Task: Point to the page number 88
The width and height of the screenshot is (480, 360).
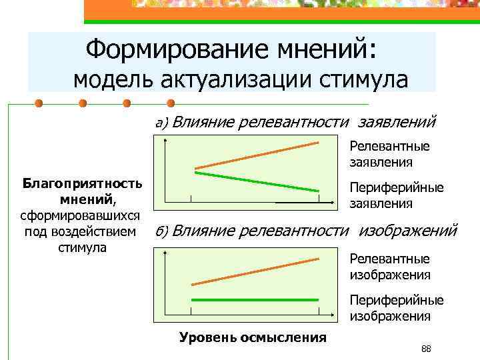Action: pos(427,349)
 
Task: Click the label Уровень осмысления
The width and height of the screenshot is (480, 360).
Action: pos(253,337)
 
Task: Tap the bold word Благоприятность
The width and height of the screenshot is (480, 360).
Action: pos(81,183)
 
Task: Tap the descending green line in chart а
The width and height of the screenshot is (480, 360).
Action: pos(257,181)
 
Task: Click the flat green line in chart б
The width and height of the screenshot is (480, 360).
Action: pos(257,300)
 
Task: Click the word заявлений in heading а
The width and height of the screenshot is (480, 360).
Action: pos(397,122)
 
